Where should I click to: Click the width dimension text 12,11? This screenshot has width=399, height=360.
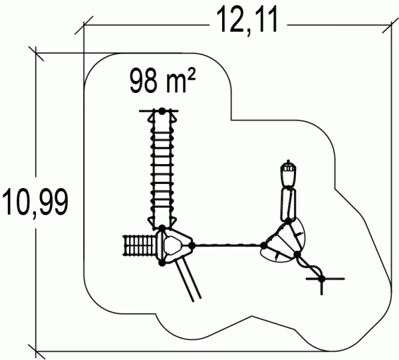(x=247, y=20)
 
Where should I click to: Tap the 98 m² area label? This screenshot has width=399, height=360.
(x=163, y=81)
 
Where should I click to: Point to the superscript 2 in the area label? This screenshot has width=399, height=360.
(x=192, y=76)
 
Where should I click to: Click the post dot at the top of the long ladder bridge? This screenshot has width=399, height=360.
(x=162, y=111)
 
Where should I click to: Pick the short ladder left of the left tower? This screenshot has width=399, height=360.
(x=140, y=245)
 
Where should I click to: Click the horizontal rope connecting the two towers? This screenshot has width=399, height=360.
(x=227, y=245)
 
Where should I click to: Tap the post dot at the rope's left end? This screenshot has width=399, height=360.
(x=192, y=246)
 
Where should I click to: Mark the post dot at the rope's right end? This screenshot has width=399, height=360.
(x=263, y=246)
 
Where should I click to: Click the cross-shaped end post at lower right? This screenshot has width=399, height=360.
(x=322, y=279)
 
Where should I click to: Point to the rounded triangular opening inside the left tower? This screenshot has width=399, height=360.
(x=173, y=245)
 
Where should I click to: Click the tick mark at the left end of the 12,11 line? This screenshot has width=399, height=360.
(x=84, y=25)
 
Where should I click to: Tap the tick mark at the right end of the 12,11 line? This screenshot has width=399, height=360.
(x=390, y=25)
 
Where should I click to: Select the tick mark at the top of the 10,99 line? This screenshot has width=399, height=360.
(x=36, y=53)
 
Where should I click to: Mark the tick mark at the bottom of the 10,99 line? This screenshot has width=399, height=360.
(x=36, y=352)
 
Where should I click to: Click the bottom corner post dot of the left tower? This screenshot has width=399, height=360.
(x=162, y=263)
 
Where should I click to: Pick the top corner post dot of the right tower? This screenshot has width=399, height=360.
(x=288, y=221)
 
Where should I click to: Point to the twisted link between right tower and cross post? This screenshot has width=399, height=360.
(x=309, y=266)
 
